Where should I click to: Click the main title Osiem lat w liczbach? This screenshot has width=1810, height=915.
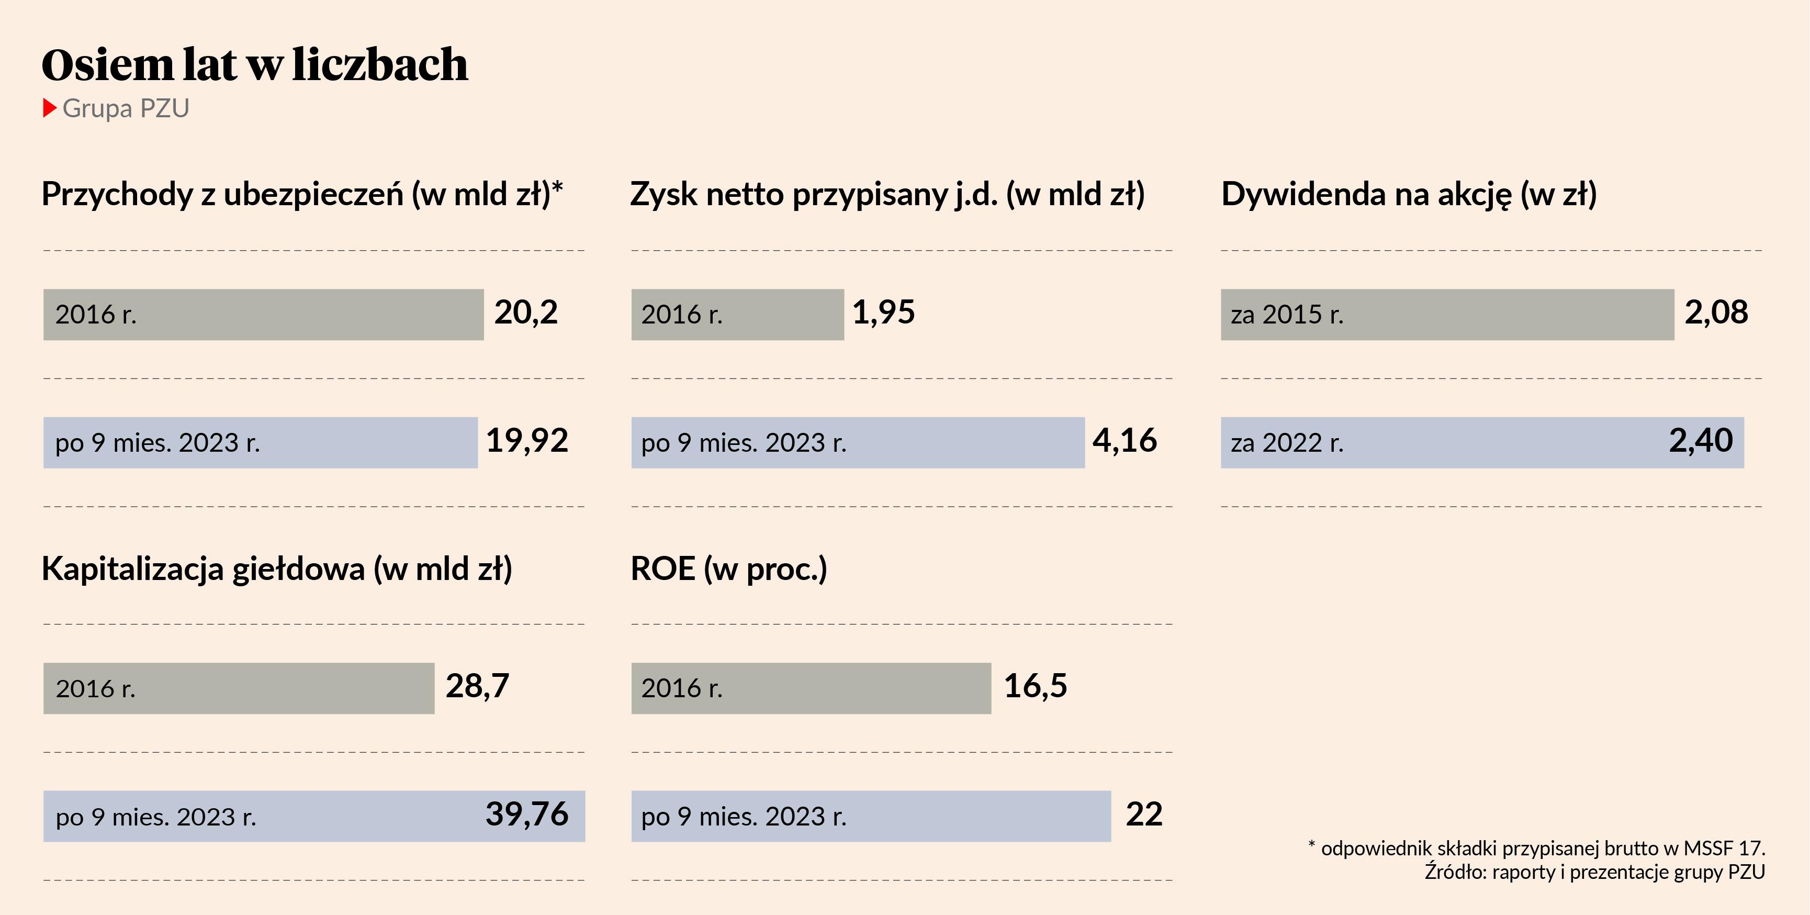pyautogui.click(x=254, y=65)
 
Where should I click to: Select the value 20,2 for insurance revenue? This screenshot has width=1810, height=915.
pyautogui.click(x=525, y=313)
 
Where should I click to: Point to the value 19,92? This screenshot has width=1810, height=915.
pyautogui.click(x=527, y=441)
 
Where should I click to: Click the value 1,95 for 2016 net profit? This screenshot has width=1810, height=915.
pyautogui.click(x=883, y=313)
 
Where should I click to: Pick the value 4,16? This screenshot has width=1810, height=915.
pyautogui.click(x=1124, y=441)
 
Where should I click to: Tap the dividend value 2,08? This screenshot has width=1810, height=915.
pyautogui.click(x=1716, y=313)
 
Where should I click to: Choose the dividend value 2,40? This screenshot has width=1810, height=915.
pyautogui.click(x=1701, y=441)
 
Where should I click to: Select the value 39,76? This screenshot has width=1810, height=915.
pyautogui.click(x=526, y=815)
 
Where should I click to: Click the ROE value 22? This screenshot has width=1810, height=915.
pyautogui.click(x=1144, y=815)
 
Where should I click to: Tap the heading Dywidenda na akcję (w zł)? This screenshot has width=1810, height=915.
pyautogui.click(x=1409, y=195)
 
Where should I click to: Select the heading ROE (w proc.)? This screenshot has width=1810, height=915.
pyautogui.click(x=728, y=569)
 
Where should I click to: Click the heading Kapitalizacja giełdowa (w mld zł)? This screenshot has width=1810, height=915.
pyautogui.click(x=277, y=569)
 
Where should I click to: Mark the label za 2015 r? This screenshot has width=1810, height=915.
pyautogui.click(x=1287, y=315)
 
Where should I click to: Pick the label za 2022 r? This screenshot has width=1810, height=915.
pyautogui.click(x=1287, y=443)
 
